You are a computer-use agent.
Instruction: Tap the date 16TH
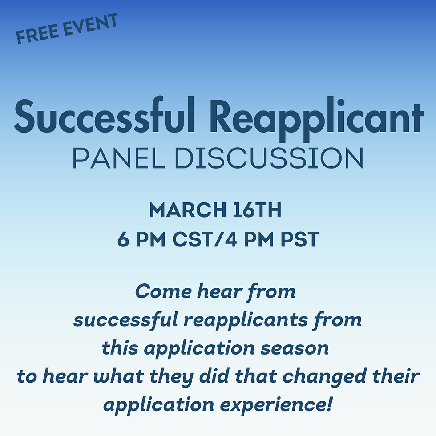pos(258,210)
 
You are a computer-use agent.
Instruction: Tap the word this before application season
pos(121,348)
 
